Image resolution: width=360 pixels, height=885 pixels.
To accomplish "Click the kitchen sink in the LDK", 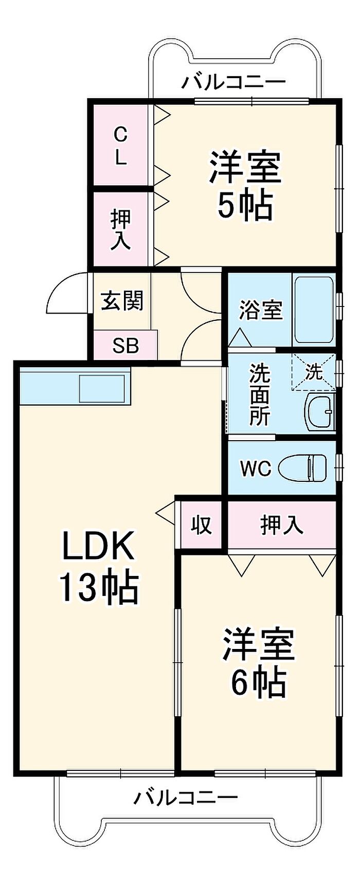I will (102, 389).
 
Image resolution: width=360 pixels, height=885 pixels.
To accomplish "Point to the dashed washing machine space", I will (313, 372).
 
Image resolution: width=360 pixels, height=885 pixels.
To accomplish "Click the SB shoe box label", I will (125, 346).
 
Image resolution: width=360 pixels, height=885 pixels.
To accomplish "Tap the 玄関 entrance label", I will (122, 300).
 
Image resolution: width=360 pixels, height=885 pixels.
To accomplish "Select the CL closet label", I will (120, 146).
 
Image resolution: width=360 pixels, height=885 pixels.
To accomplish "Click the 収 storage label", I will (201, 525).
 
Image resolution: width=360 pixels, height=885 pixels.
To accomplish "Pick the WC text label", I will (256, 468).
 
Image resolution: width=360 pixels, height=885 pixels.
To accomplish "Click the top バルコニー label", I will (233, 82).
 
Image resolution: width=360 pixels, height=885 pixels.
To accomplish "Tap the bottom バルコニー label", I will (186, 798).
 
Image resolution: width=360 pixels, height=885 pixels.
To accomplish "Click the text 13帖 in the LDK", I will (99, 587).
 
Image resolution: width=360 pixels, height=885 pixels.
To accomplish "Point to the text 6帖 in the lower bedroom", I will (258, 682).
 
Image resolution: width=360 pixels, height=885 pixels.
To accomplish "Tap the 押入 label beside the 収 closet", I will (282, 525).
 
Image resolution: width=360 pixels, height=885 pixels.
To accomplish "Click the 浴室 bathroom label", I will (261, 310).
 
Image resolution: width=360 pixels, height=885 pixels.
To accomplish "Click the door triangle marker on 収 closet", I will (166, 514).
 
